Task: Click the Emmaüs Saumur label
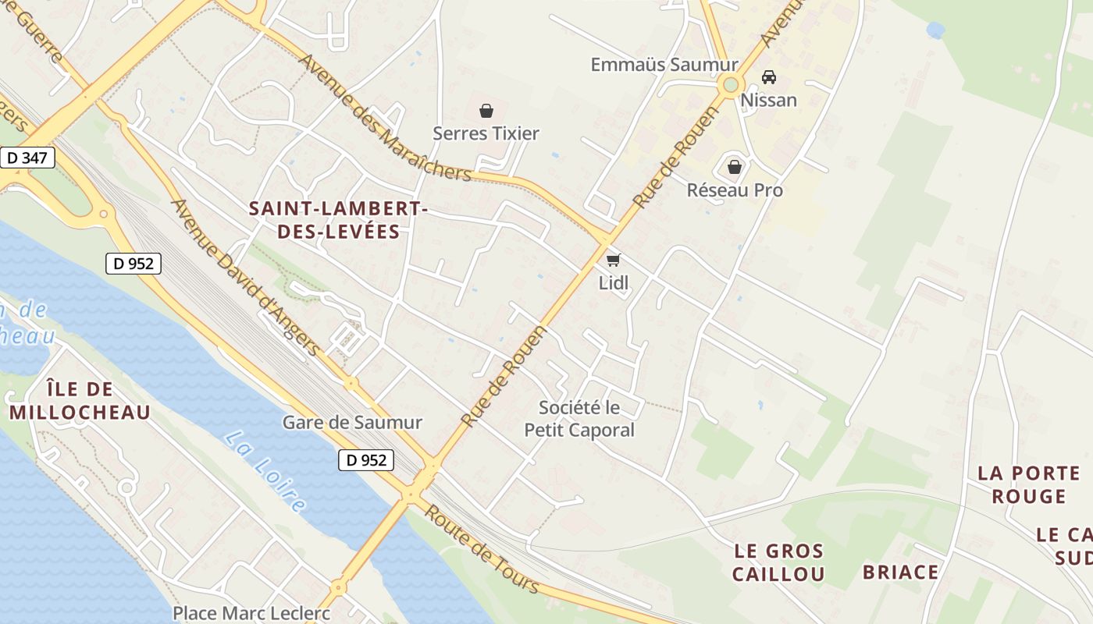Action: pyautogui.click(x=664, y=65)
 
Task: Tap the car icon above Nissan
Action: pyautogui.click(x=769, y=77)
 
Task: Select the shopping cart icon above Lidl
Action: pyautogui.click(x=614, y=260)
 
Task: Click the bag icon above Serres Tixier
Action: pyautogui.click(x=486, y=111)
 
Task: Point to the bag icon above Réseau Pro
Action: pyautogui.click(x=735, y=167)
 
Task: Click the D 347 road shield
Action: pyautogui.click(x=27, y=158)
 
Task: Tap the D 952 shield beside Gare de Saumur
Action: pyautogui.click(x=366, y=460)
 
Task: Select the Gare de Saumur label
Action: pyautogui.click(x=352, y=423)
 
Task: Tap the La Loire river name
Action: pyautogui.click(x=265, y=471)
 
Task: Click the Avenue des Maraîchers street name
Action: pyautogui.click(x=385, y=118)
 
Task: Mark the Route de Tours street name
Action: pyautogui.click(x=482, y=548)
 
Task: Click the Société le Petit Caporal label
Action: pyautogui.click(x=579, y=419)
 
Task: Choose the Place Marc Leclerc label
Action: pyautogui.click(x=251, y=613)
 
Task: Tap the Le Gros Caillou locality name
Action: pyautogui.click(x=778, y=562)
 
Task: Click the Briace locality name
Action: pyautogui.click(x=900, y=573)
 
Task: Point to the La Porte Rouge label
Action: pyautogui.click(x=1029, y=484)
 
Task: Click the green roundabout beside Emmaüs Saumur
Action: pyautogui.click(x=731, y=84)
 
